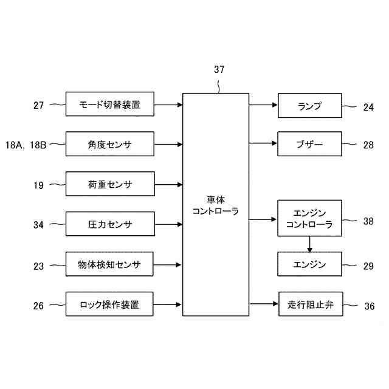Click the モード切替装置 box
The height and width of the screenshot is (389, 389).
[109, 105]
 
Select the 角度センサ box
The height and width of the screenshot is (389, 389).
[109, 145]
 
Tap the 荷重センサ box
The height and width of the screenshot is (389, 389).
[109, 184]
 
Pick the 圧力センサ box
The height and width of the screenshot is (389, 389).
[109, 224]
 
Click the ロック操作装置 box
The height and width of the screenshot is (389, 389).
[109, 304]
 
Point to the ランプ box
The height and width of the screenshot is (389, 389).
[309, 106]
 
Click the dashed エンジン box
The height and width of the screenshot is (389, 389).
[309, 264]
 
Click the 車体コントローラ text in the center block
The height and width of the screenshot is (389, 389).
[216, 205]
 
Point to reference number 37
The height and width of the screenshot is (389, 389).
[219, 69]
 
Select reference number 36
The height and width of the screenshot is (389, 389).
[370, 306]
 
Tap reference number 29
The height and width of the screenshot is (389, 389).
[368, 266]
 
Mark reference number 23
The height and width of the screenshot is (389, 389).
[39, 266]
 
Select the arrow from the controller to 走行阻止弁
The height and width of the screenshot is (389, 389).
[263, 303]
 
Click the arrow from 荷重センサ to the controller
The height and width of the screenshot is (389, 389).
[168, 184]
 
